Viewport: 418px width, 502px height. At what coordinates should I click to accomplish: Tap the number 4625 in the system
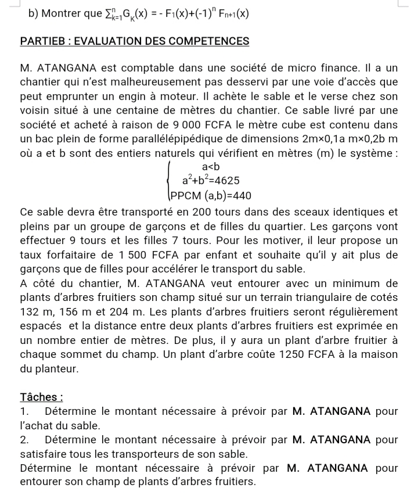coord(224,181)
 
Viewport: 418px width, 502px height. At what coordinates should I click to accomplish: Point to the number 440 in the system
coord(242,195)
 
